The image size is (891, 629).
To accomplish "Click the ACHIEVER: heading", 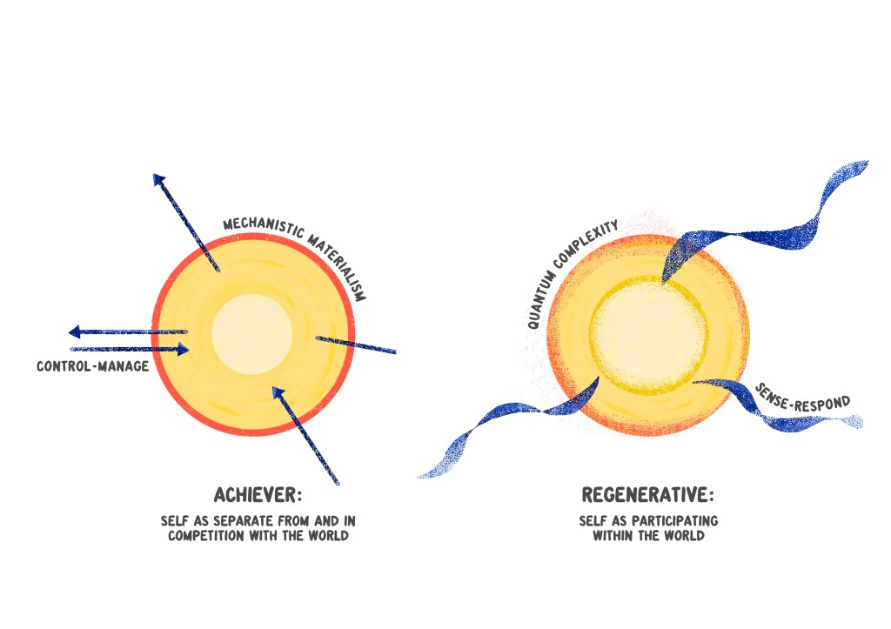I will click(x=258, y=495).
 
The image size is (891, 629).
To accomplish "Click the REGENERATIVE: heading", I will click(x=647, y=495).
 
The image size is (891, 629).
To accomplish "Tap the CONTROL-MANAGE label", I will click(x=92, y=366).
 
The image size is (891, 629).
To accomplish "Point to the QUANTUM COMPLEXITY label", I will click(x=573, y=274).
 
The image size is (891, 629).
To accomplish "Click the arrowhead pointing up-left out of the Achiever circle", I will click(x=158, y=179).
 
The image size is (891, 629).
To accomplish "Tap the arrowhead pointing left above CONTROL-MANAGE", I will click(x=75, y=331).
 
